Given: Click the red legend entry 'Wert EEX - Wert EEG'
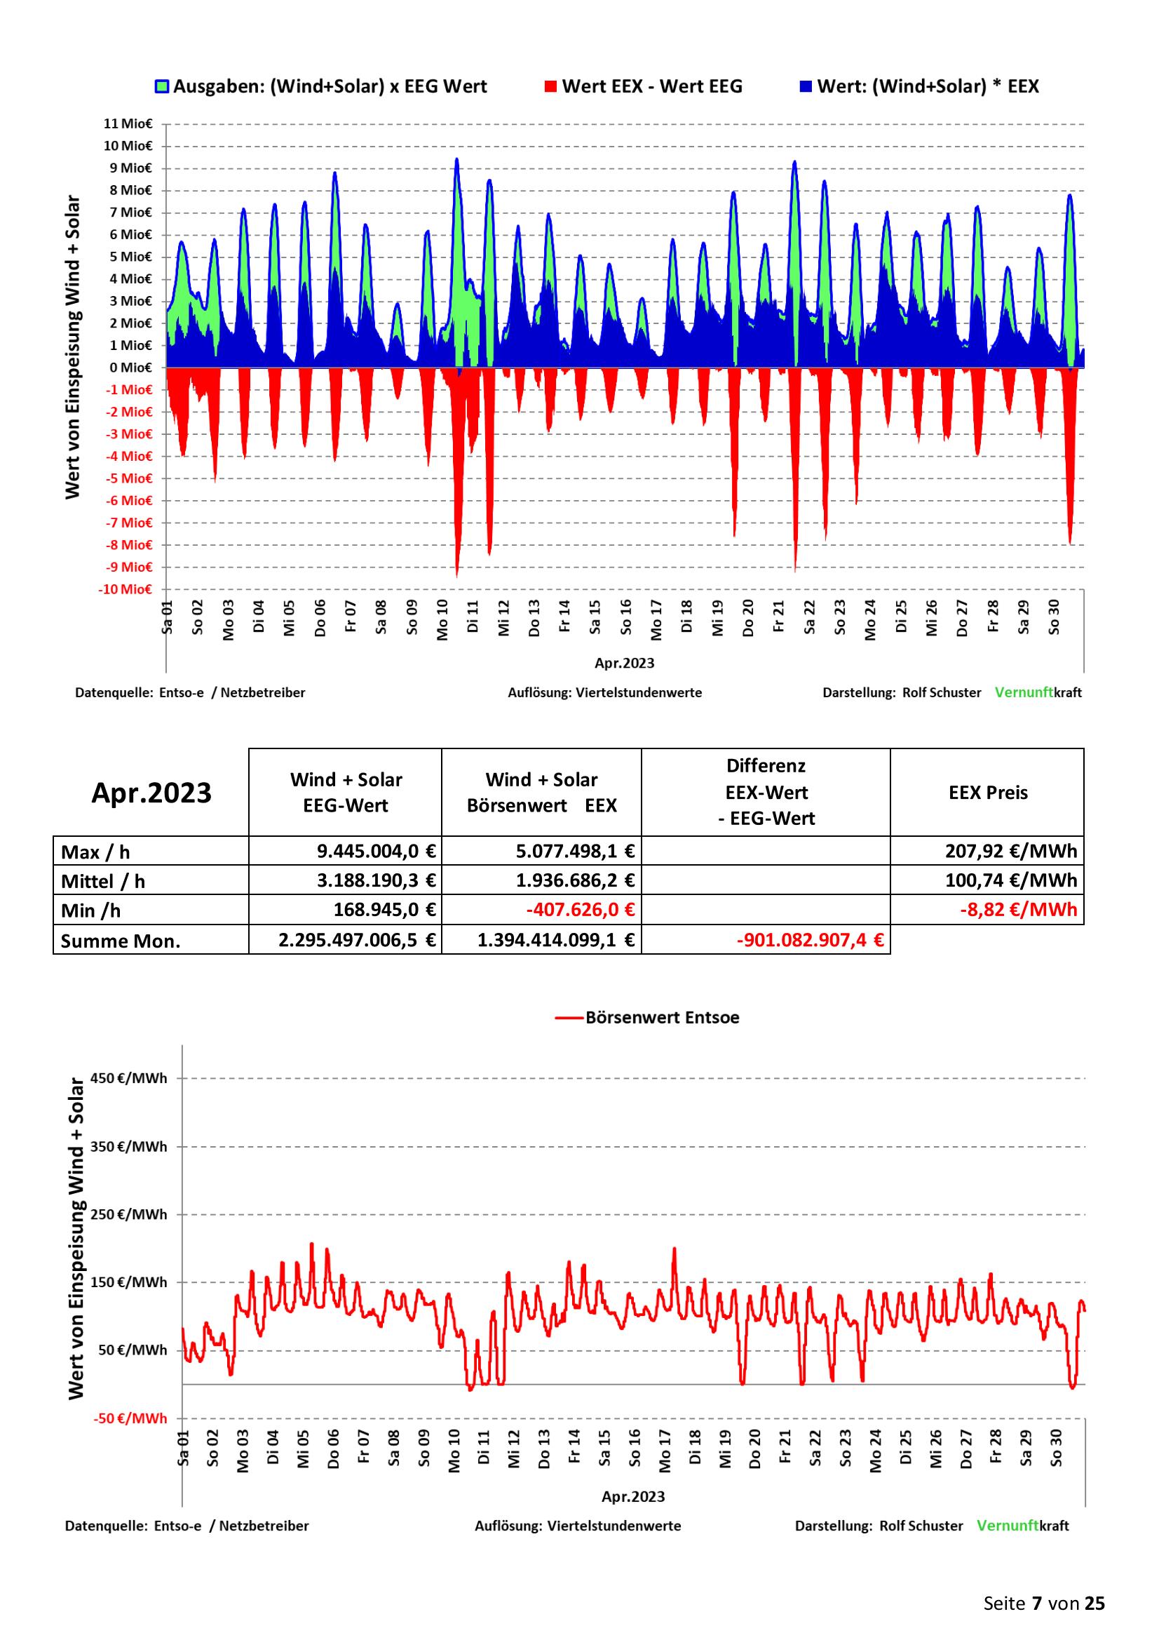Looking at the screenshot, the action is (643, 86).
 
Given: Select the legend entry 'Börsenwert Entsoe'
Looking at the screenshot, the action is (647, 1018).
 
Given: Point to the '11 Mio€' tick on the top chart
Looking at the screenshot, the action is (128, 123).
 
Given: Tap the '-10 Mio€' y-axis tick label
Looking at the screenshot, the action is (126, 589).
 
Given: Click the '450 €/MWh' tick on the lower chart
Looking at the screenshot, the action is (129, 1078).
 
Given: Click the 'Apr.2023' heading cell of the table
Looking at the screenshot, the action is (151, 793).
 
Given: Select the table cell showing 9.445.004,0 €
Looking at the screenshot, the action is (377, 851).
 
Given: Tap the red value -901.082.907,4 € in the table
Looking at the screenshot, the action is (811, 940).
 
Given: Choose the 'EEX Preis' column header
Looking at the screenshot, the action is (989, 792).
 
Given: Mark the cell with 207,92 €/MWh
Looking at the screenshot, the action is (1011, 851).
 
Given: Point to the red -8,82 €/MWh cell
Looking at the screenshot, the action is (1018, 910).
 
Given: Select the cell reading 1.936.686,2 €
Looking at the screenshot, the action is (576, 881).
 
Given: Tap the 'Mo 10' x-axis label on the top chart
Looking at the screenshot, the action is (442, 619).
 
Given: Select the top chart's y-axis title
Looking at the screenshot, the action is (73, 347).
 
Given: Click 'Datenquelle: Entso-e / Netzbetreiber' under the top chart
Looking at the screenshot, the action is (190, 693).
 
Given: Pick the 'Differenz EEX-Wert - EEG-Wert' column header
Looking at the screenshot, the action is (766, 792).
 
